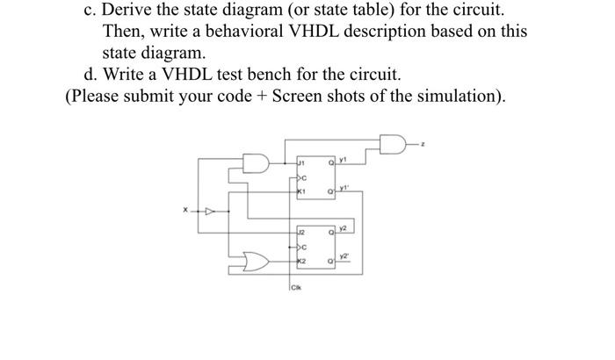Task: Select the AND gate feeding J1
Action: (256, 165)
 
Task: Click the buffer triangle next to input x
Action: (209, 211)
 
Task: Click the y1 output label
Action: (344, 161)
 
